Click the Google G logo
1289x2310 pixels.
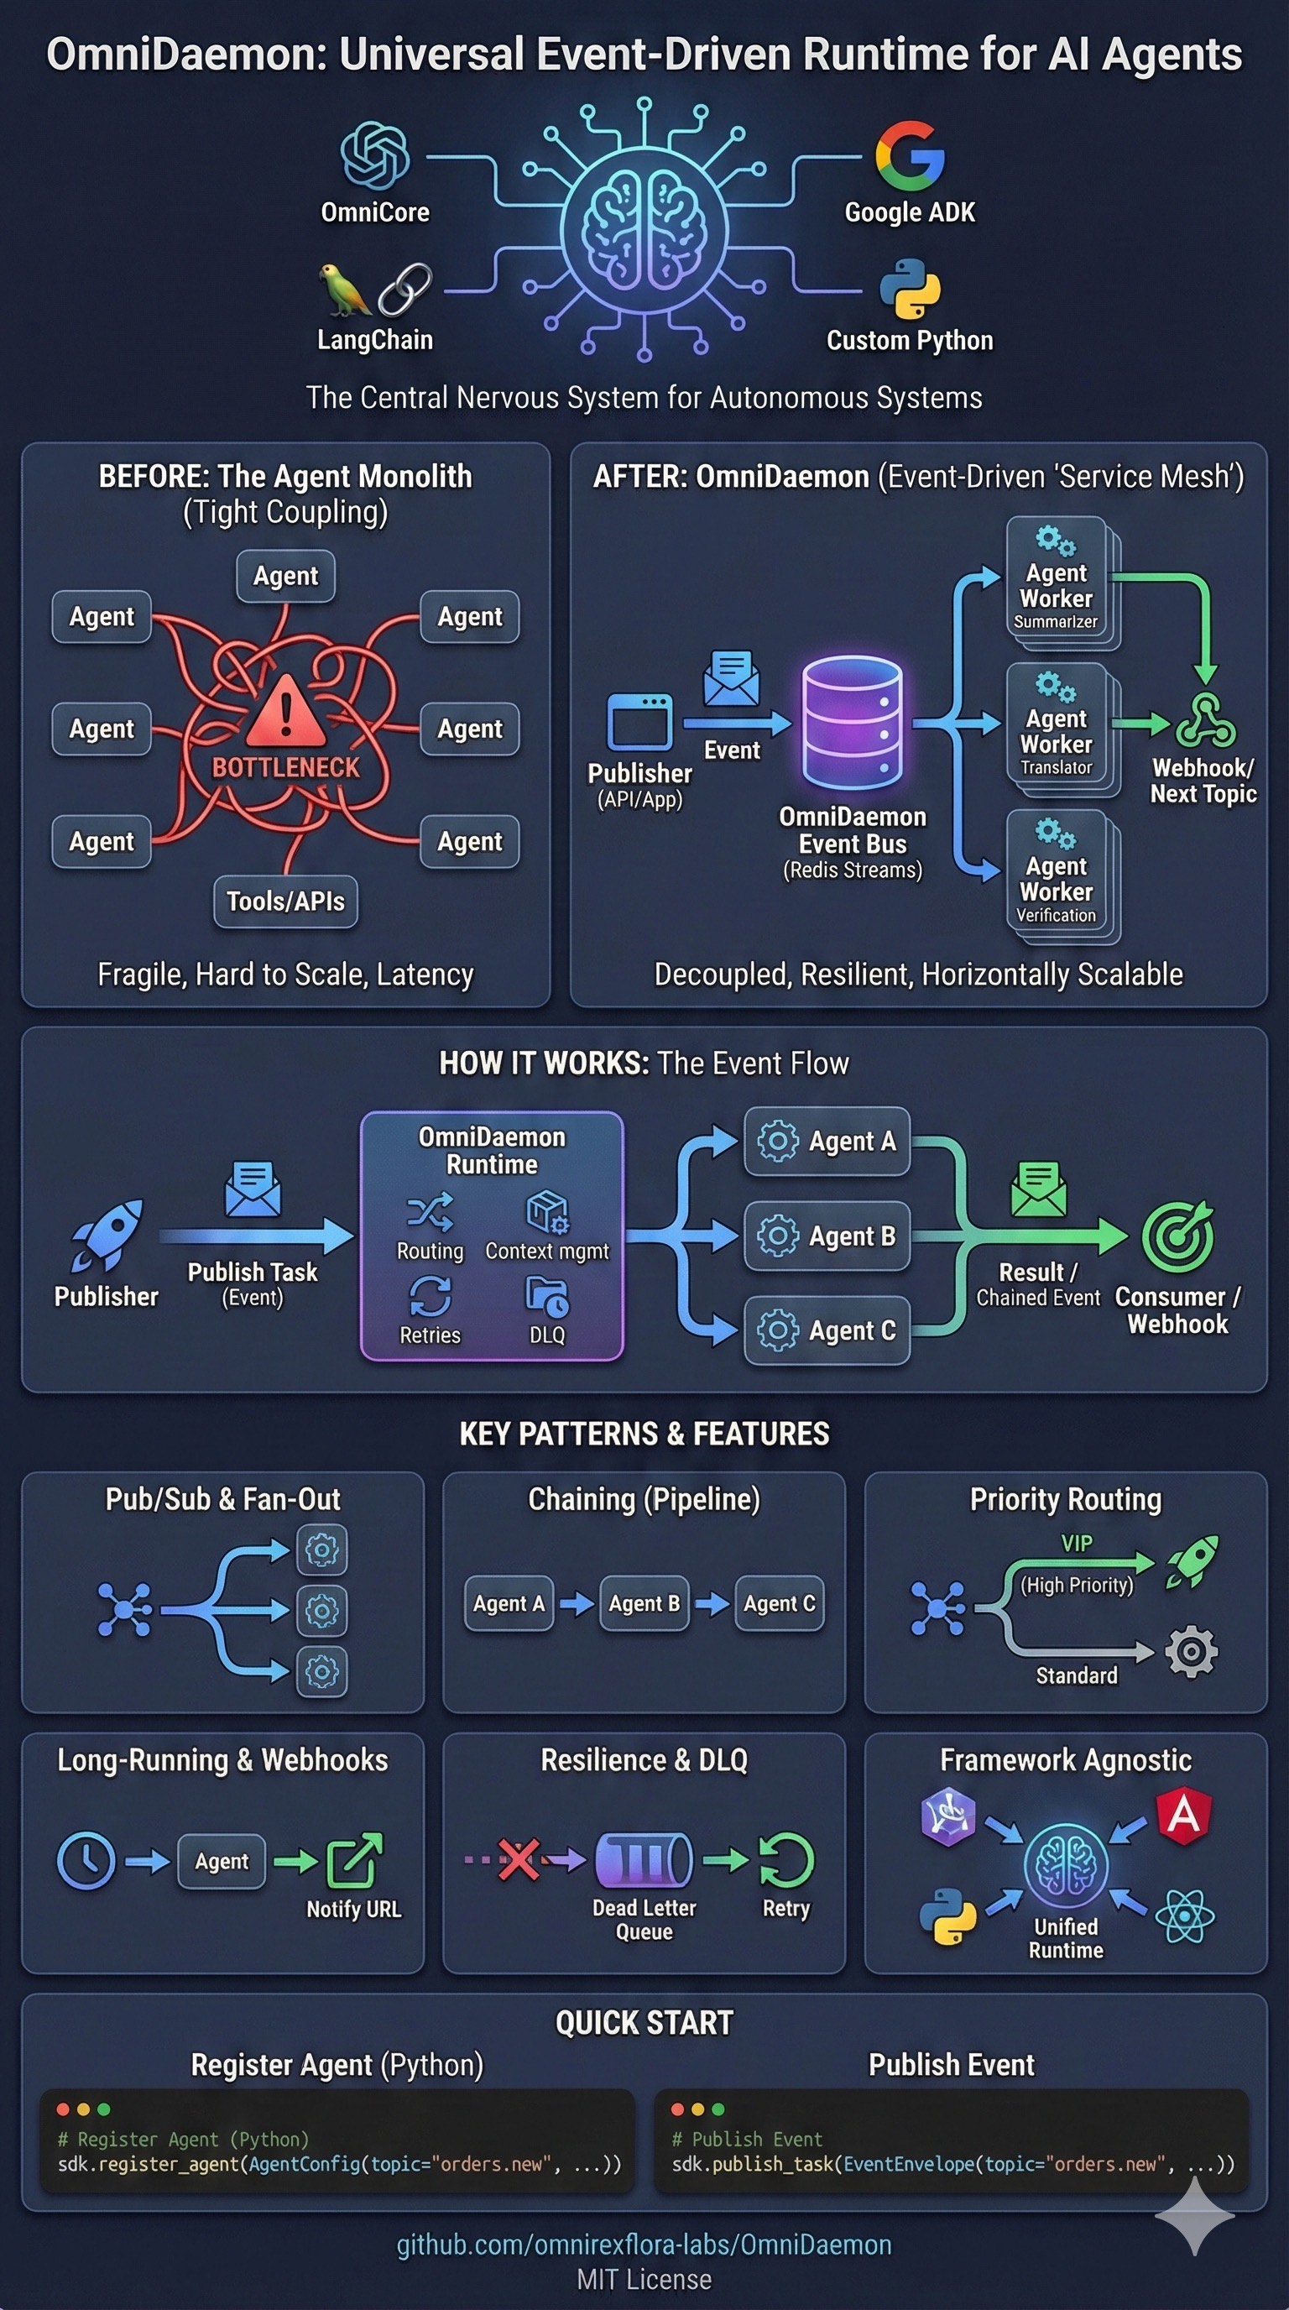tap(910, 155)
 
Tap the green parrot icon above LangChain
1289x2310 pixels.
tap(343, 289)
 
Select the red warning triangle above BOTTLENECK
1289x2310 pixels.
tap(285, 712)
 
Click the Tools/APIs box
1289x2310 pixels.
tap(285, 902)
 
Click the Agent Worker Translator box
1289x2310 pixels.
tap(1057, 728)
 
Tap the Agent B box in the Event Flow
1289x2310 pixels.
tap(827, 1236)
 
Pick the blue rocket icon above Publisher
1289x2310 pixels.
tap(107, 1235)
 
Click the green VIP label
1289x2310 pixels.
tap(1077, 1544)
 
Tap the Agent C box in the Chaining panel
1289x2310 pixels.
tap(779, 1603)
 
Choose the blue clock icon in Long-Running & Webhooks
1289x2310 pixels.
tap(86, 1862)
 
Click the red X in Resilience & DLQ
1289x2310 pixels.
tap(519, 1858)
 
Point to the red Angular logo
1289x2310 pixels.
tap(1183, 1815)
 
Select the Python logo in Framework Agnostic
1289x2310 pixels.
tap(947, 1915)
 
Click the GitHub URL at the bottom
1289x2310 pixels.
tap(644, 2245)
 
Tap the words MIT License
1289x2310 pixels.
tap(644, 2279)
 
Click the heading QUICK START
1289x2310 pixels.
tap(644, 2023)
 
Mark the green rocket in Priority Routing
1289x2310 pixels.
tap(1192, 1561)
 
